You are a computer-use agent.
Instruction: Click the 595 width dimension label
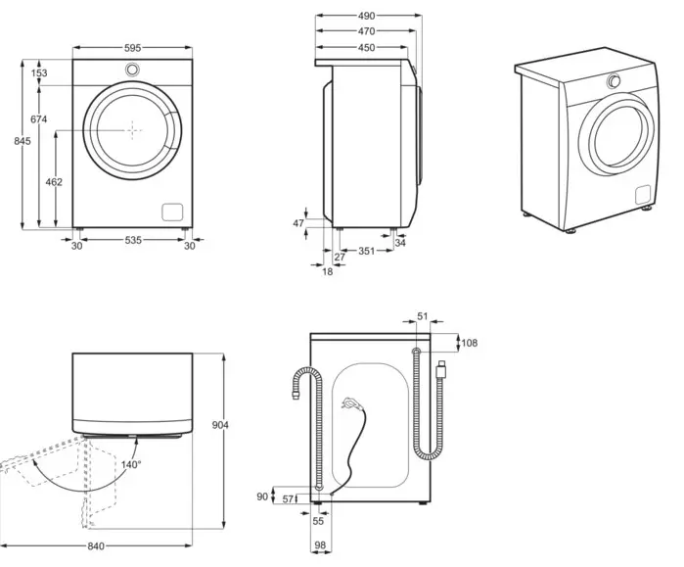[133, 48]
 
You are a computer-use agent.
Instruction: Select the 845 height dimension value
[23, 141]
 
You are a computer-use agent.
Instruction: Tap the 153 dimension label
[39, 72]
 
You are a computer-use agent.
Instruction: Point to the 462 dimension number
[54, 182]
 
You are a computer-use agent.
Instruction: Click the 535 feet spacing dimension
[133, 240]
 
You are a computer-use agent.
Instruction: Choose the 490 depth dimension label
[366, 16]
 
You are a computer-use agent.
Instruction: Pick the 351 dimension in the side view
[366, 251]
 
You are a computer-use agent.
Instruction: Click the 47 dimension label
[298, 223]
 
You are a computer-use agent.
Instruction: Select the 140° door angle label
[131, 464]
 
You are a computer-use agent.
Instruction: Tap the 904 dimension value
[220, 425]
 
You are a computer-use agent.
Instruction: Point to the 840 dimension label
[96, 546]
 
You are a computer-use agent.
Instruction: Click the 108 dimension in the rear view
[470, 343]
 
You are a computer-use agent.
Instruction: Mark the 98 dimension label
[320, 545]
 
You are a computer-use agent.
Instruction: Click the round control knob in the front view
[133, 69]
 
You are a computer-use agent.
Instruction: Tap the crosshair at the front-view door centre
[133, 129]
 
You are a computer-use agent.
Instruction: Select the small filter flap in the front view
[173, 213]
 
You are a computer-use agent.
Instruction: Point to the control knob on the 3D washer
[614, 81]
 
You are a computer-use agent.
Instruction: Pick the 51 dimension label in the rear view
[423, 316]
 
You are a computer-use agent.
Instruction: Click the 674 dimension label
[39, 118]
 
